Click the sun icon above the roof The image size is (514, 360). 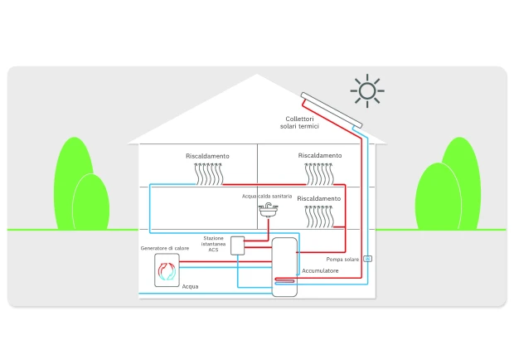point(366,90)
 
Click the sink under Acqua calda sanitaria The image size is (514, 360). point(268,212)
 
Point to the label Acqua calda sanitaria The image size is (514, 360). point(268,197)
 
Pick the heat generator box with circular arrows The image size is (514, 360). point(167,270)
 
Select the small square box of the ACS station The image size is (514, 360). point(238,246)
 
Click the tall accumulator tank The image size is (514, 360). point(284,264)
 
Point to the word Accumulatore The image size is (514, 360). point(319,270)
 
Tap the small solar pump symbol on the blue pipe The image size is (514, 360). point(368,259)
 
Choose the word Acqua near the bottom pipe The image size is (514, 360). point(190,286)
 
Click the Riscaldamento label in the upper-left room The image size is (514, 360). point(207,156)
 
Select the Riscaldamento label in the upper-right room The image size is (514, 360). point(319,155)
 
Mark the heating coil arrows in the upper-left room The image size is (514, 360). point(208,173)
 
